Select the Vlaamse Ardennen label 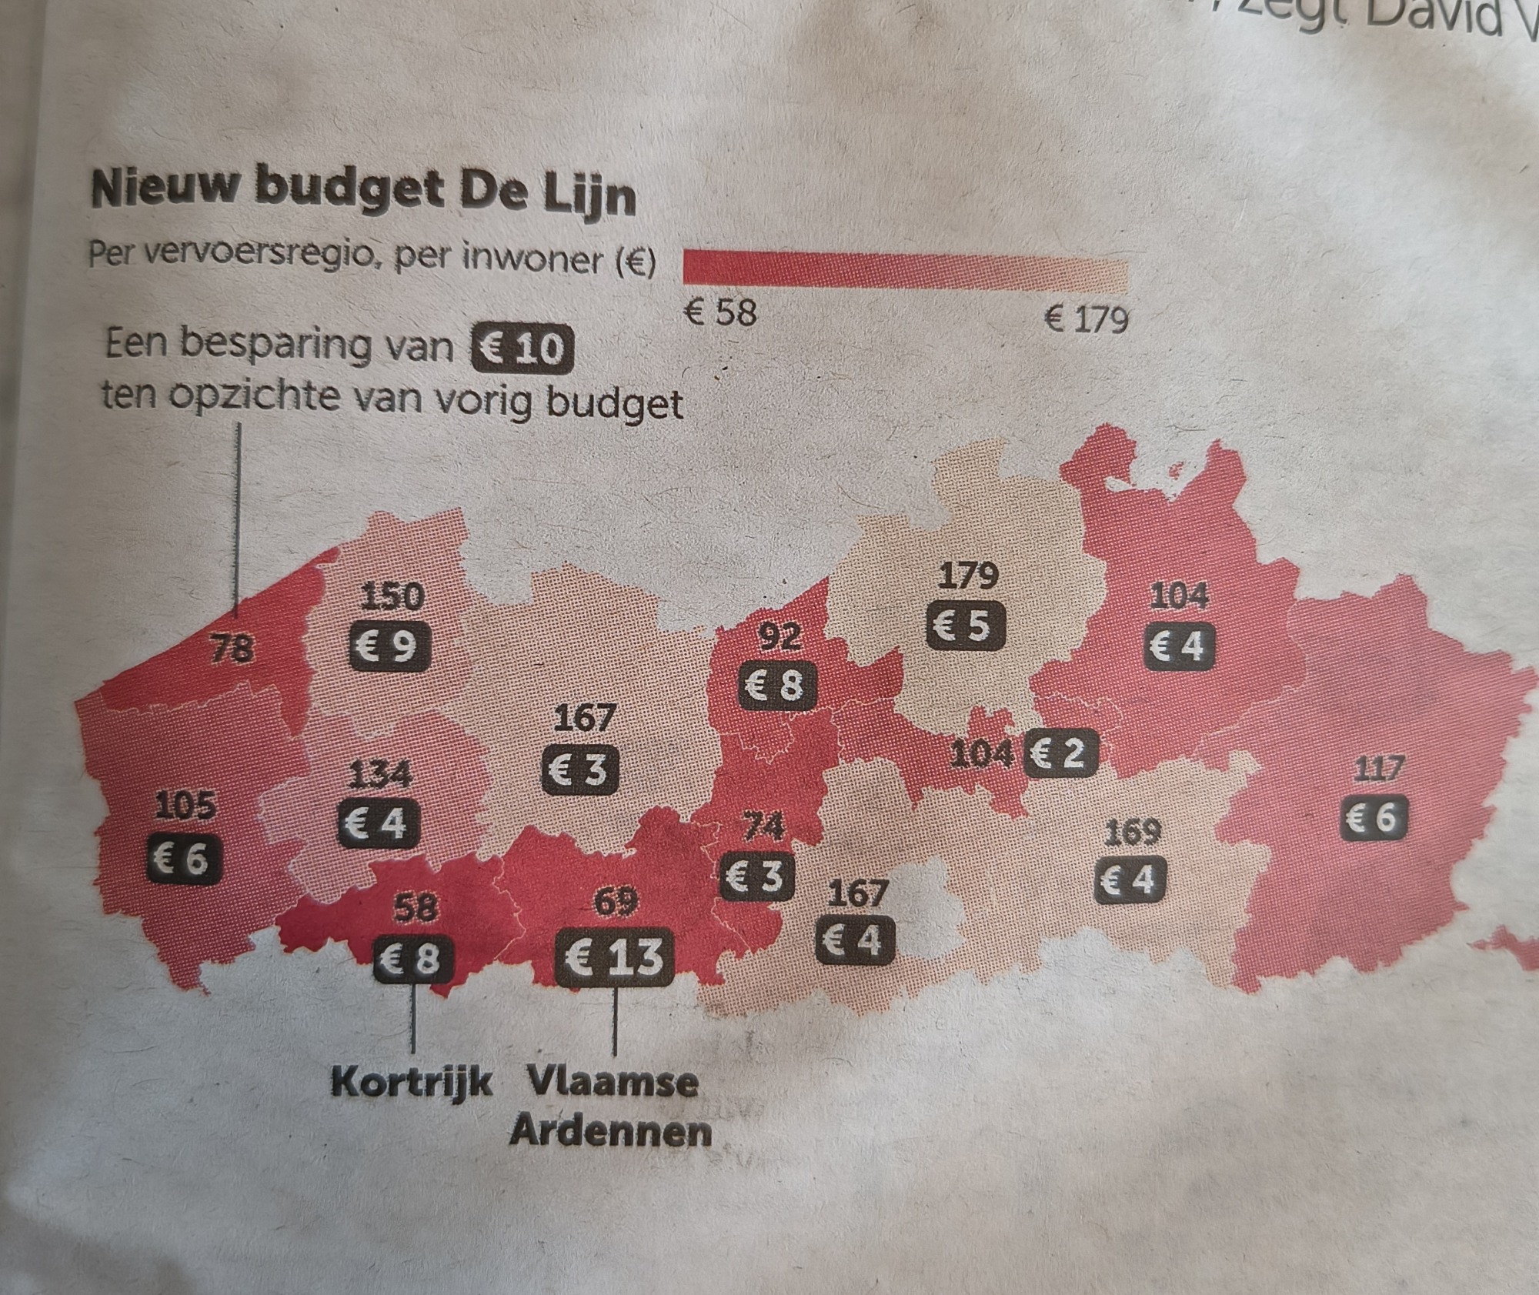pos(612,1107)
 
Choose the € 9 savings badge pos(389,646)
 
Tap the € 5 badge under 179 pos(965,626)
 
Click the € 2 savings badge pos(1061,753)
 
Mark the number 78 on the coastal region pos(232,648)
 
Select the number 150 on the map pos(392,596)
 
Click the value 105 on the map pos(185,806)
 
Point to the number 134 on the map pos(379,774)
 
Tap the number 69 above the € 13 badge pos(616,903)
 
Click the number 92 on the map pos(780,636)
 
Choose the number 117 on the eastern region pos(1377,769)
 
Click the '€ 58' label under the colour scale pos(721,312)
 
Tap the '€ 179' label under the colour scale pos(1086,318)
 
